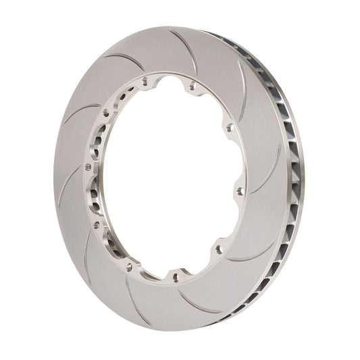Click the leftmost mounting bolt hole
[88, 166]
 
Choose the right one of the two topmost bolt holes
[192, 85]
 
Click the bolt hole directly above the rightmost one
[229, 126]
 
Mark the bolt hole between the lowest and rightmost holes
[218, 249]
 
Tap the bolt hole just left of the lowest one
[129, 267]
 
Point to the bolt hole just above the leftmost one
[105, 113]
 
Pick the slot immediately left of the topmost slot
[125, 61]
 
